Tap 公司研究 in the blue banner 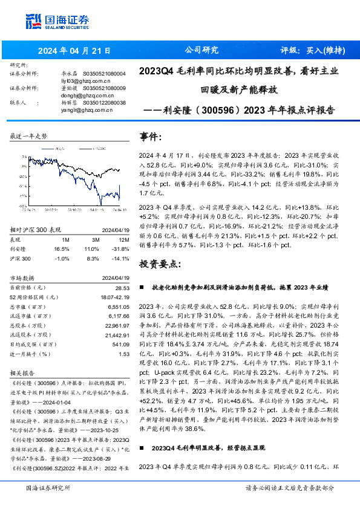pos(201,50)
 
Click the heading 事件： pos(151,137)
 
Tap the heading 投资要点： pos(160,264)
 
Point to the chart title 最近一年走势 pos(29,137)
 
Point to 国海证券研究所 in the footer pos(48,487)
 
